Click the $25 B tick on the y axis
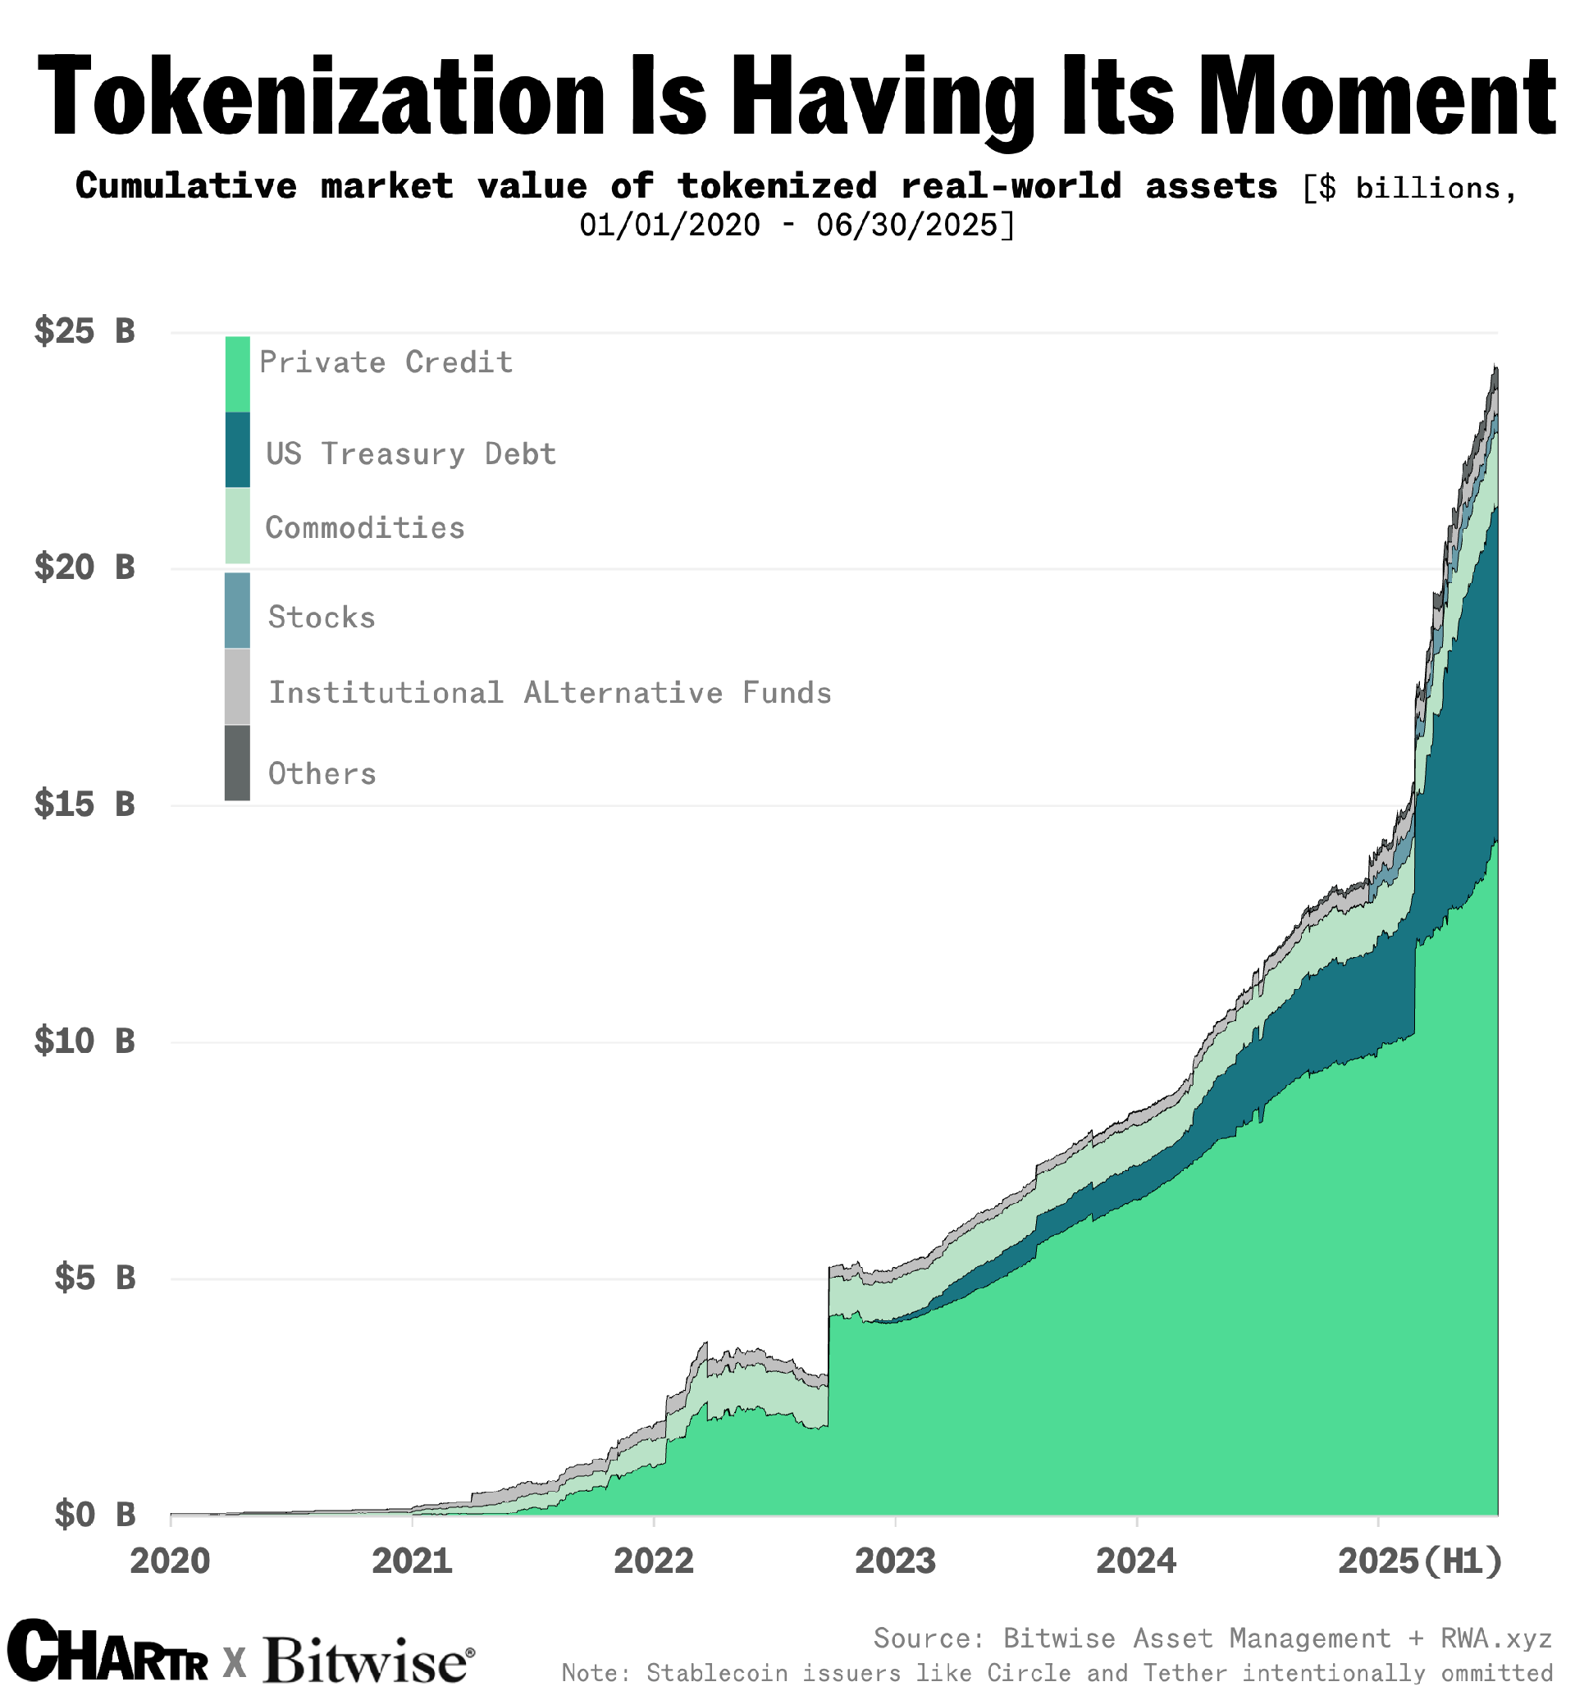tap(84, 330)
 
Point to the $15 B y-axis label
tap(84, 804)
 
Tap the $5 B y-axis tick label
tap(94, 1278)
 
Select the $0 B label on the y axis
tap(94, 1514)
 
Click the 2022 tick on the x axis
tap(653, 1561)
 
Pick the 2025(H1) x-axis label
tap(1420, 1561)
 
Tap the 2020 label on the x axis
tap(171, 1561)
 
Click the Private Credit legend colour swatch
tap(237, 374)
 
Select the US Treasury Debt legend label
tap(411, 453)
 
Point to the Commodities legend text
tap(365, 527)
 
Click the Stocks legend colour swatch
tap(237, 610)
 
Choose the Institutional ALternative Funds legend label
tap(550, 693)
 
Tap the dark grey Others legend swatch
tap(237, 763)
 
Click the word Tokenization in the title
tap(320, 95)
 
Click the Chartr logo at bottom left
tap(107, 1652)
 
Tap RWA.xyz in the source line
tap(1495, 1637)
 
